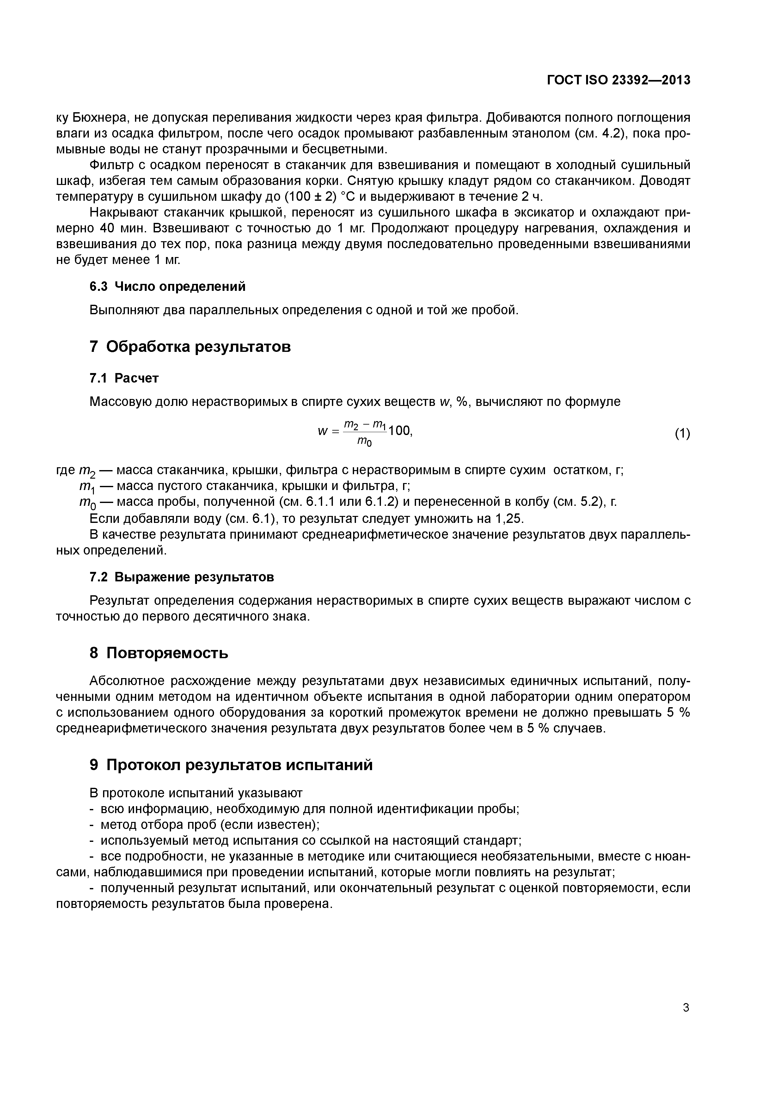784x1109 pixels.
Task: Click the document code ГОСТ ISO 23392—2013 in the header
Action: [x=618, y=80]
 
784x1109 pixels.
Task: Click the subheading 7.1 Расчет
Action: [x=124, y=378]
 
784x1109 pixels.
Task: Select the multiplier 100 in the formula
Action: [x=400, y=430]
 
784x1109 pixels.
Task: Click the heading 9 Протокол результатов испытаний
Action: [x=231, y=765]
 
